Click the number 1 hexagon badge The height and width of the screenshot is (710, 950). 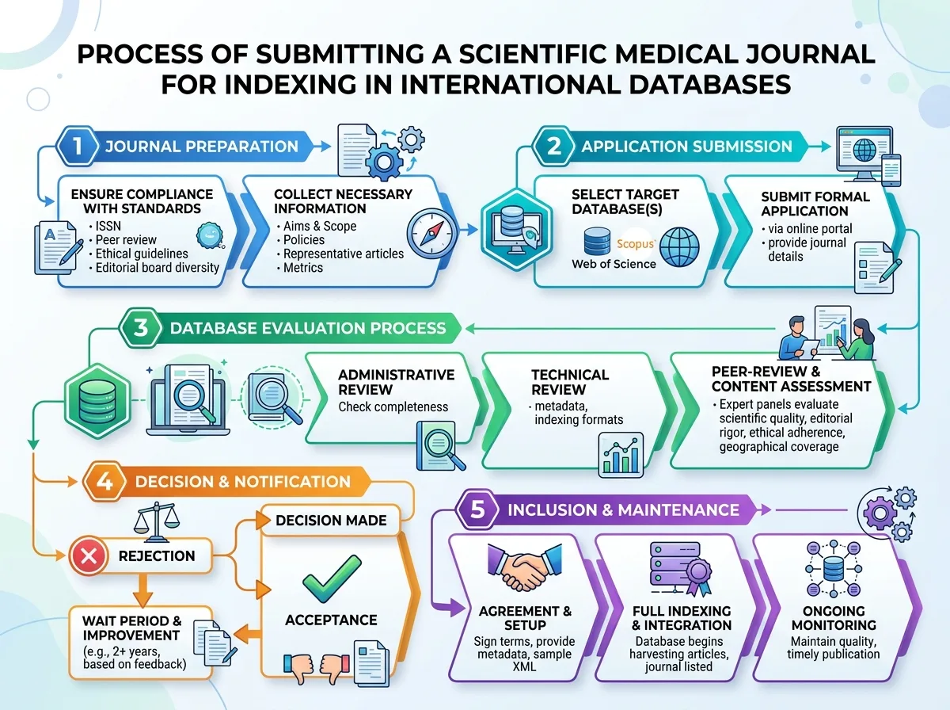[77, 146]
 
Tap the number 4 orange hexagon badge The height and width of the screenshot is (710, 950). [104, 481]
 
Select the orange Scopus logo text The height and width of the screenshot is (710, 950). [636, 244]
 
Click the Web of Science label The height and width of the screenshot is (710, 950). [614, 264]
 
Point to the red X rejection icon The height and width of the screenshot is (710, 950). [89, 555]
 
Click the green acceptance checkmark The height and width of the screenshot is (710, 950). [332, 578]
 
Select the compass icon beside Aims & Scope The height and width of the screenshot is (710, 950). [432, 234]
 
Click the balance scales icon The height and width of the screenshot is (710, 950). [156, 521]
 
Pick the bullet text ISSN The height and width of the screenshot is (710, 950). [108, 226]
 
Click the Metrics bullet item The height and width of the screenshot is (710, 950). [303, 268]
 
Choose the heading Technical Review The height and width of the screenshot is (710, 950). [570, 382]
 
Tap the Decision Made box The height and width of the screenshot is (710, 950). [331, 521]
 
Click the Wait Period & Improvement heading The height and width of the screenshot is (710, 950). [132, 628]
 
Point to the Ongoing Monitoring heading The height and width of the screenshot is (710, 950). [834, 618]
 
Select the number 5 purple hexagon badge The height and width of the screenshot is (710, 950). [477, 510]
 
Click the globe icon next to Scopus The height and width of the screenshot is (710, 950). [679, 247]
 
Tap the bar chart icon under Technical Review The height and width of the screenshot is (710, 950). [621, 455]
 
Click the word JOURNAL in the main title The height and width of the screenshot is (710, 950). [810, 55]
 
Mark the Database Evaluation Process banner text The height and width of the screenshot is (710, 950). [308, 328]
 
